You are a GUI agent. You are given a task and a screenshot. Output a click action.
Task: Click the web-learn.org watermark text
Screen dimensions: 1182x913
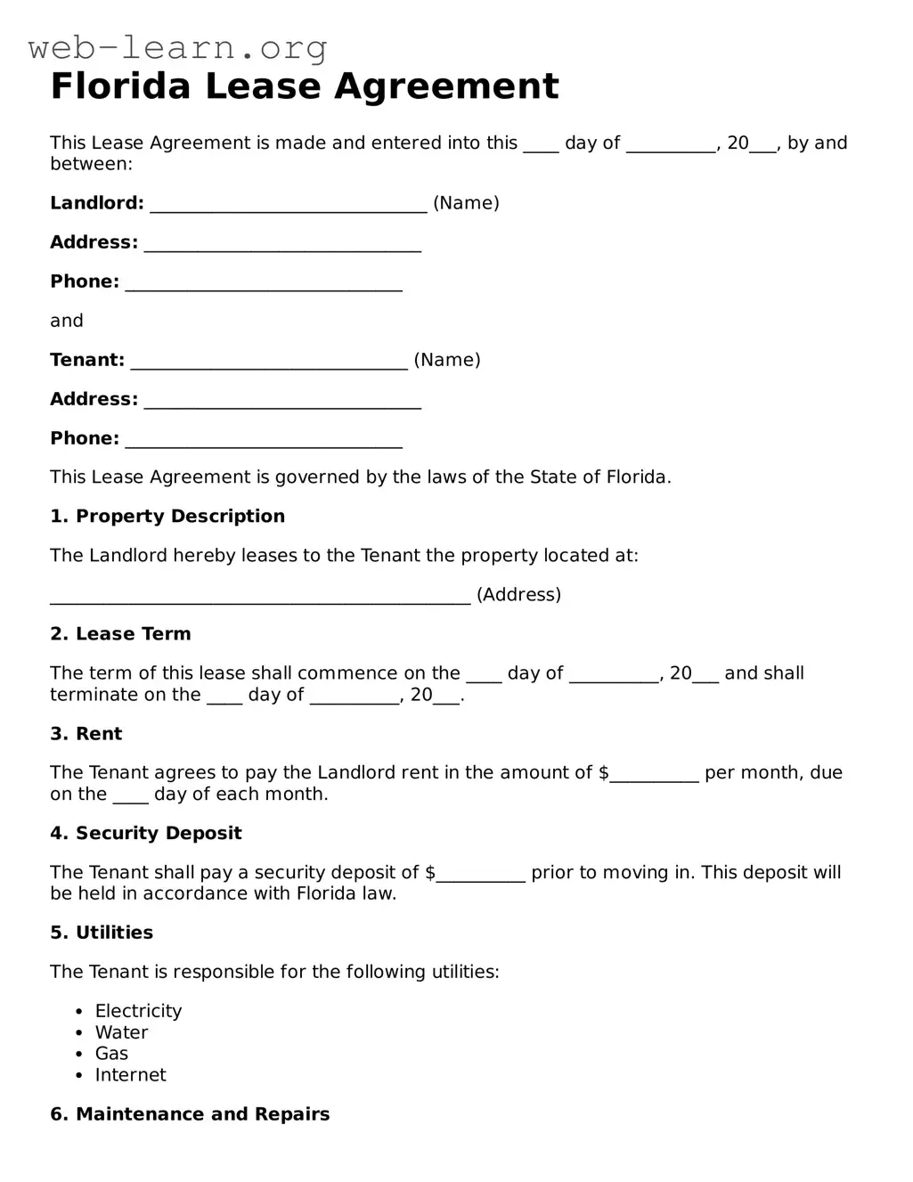[177, 47]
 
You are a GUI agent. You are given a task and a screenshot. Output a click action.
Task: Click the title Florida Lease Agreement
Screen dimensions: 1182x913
[305, 86]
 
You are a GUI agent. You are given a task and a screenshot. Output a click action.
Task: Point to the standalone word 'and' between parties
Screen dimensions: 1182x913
[67, 321]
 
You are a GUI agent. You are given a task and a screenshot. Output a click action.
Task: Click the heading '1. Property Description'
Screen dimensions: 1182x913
[167, 517]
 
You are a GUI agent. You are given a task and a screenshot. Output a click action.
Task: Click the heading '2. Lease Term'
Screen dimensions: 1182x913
[120, 634]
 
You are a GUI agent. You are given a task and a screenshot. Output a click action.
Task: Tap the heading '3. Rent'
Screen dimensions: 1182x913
[86, 734]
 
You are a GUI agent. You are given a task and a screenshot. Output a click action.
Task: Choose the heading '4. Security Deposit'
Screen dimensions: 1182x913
[146, 834]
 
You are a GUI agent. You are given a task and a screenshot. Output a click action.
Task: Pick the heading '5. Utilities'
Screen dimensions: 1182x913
[102, 933]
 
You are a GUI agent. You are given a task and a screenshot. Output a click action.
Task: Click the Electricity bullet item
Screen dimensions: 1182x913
[138, 1011]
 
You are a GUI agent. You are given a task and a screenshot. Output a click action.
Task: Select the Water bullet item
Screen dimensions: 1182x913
[121, 1032]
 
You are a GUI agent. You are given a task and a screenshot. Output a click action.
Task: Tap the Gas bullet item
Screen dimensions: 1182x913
[112, 1054]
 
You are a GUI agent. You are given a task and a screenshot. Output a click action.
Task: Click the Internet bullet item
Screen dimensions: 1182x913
[130, 1075]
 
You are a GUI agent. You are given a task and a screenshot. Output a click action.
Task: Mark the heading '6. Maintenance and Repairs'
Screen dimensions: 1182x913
[190, 1114]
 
